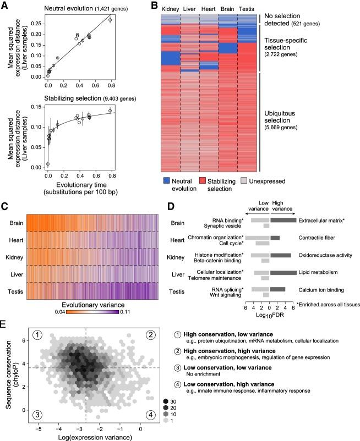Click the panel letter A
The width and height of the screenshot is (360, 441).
(x=5, y=5)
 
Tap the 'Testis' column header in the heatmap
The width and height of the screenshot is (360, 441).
(x=246, y=9)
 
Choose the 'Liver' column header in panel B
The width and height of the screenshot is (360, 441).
(x=190, y=9)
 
